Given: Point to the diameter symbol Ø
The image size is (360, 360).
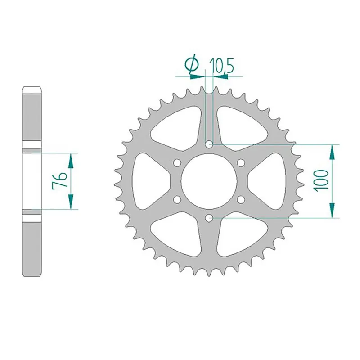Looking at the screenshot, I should tap(191, 65).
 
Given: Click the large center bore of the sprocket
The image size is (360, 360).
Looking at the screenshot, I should tap(209, 181).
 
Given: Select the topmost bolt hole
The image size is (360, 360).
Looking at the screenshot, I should tap(209, 144).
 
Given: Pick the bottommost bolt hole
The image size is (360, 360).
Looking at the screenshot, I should tap(209, 218).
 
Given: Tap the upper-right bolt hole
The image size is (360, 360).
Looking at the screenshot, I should tap(241, 162).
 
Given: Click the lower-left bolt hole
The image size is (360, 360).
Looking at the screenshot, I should tap(177, 199).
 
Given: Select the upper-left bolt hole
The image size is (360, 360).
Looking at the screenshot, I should tap(177, 162).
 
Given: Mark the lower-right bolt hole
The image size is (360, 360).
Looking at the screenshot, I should tap(241, 199).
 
